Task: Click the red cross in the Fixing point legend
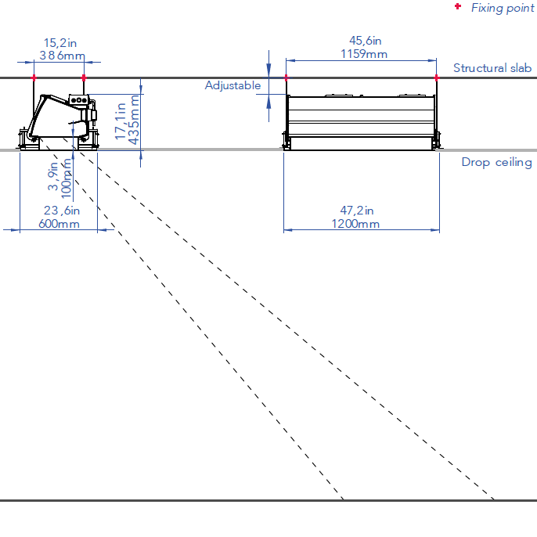coord(458,6)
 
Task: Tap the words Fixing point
coord(503,8)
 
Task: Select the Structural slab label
coord(492,68)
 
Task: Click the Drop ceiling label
coord(496,162)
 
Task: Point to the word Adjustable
coord(233,85)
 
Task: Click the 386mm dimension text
coord(63,55)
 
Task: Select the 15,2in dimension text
coord(60,43)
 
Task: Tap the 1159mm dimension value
coord(364,54)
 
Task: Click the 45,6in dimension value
coord(366,41)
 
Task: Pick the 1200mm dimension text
coord(355,224)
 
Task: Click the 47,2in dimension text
coord(357,211)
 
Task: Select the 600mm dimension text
coord(59,224)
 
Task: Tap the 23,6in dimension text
coord(62,211)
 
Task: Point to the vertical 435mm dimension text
coord(134,120)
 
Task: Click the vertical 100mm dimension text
coord(67,178)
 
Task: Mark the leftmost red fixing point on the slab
coord(34,78)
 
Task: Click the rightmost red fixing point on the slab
coord(436,78)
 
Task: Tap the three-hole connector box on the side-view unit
coord(79,100)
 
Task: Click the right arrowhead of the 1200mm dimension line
coord(435,230)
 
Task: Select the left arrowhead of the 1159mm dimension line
coord(290,60)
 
